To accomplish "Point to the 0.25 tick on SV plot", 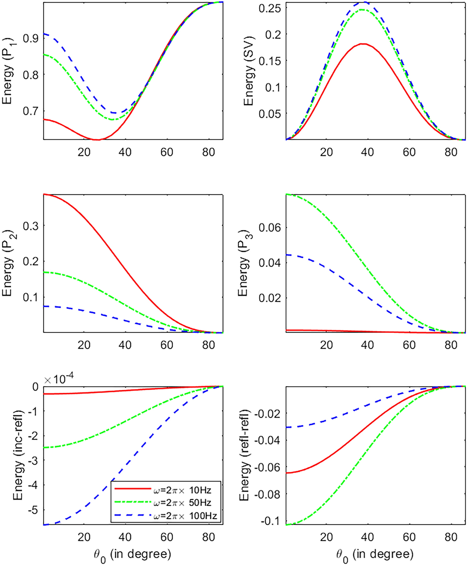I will point(270,8).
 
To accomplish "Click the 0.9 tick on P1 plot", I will point(31,38).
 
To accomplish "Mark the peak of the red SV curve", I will point(363,44).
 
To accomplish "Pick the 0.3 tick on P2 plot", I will point(31,226).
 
